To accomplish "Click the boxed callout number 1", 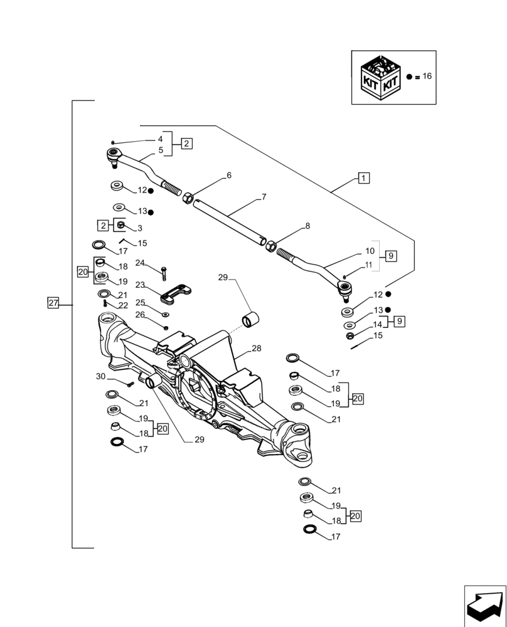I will pos(364,177).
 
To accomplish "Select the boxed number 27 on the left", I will pos(53,303).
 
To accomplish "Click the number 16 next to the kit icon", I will pos(427,76).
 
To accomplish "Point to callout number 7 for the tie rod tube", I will pos(264,197).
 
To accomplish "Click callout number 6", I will pos(229,176).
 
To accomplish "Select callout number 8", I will pos(307,226).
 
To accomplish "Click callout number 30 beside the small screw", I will pos(101,376).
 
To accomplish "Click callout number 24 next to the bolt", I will pos(140,263).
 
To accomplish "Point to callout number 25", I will pos(140,302).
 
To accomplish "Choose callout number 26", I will pos(140,315).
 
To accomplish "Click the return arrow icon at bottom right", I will pos(484,606).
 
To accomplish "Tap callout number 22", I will pos(123,305).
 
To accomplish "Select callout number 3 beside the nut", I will pos(140,228).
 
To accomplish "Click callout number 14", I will pos(377,325).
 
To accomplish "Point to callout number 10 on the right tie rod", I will pos(370,251).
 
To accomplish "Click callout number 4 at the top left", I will pos(160,139).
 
